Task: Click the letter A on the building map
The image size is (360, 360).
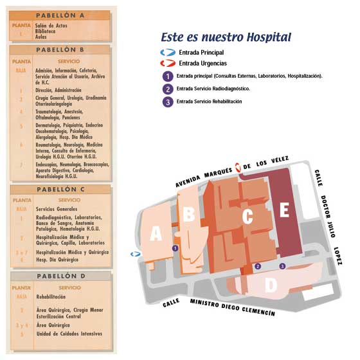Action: tap(156, 235)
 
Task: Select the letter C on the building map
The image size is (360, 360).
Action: tap(247, 217)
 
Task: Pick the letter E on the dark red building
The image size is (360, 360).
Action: tap(285, 210)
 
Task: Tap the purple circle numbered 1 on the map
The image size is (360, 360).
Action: tap(174, 248)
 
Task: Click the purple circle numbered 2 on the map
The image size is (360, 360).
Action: tap(258, 265)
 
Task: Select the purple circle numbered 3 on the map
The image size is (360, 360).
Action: tap(282, 265)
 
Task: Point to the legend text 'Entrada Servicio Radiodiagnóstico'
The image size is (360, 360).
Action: tap(213, 89)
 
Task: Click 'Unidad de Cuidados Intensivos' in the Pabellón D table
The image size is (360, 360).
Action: tap(67, 334)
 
